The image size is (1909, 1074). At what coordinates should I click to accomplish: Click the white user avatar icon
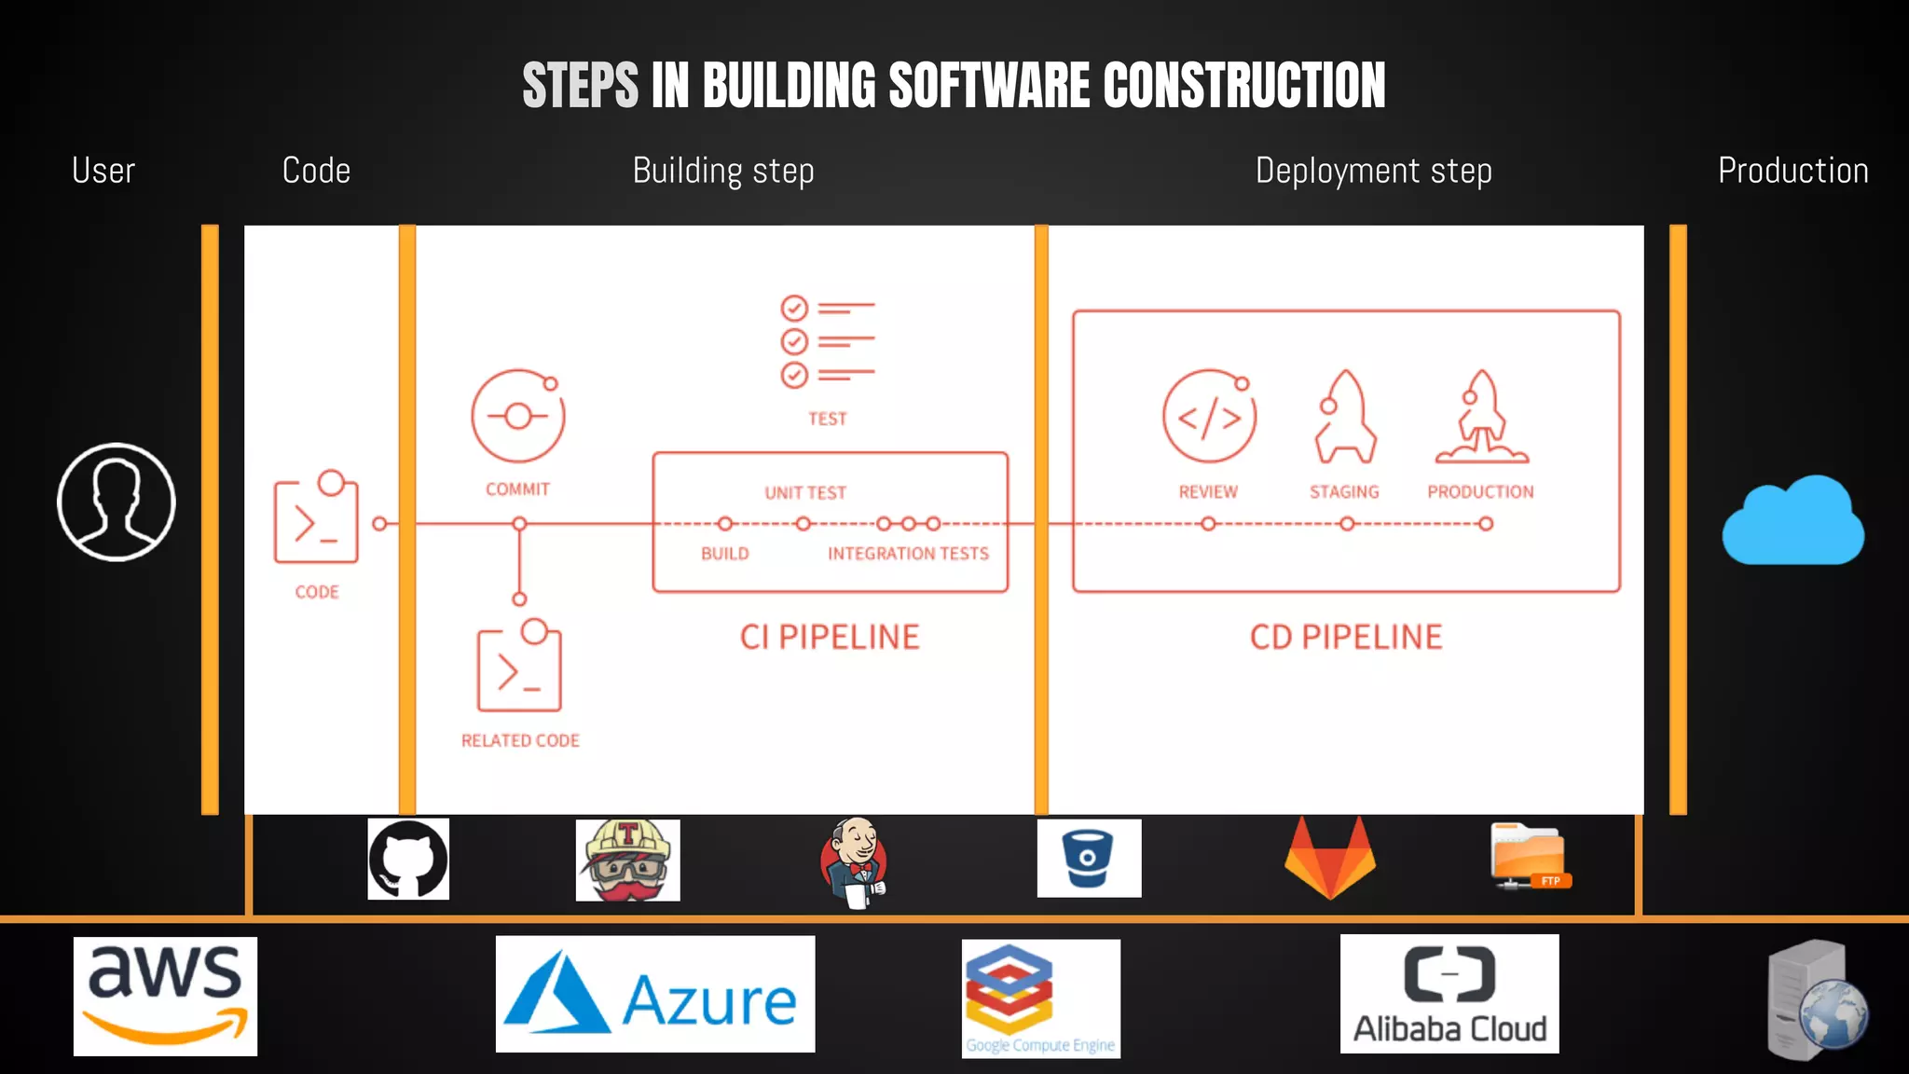pyautogui.click(x=116, y=502)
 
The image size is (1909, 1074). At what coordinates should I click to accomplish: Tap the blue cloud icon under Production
pyautogui.click(x=1792, y=522)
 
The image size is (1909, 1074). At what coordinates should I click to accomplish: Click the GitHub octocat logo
pyautogui.click(x=408, y=859)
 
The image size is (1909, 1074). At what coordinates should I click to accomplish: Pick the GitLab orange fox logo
pyautogui.click(x=1330, y=858)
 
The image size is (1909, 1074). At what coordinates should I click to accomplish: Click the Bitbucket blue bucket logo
pyautogui.click(x=1089, y=858)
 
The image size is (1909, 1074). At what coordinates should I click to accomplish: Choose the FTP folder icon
pyautogui.click(x=1529, y=856)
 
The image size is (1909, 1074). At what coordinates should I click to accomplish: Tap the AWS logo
pyautogui.click(x=165, y=996)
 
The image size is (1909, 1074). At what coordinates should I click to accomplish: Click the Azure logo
pyautogui.click(x=654, y=995)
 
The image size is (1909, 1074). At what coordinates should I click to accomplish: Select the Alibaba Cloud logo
pyautogui.click(x=1449, y=994)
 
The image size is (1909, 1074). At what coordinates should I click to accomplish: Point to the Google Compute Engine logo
pyautogui.click(x=1040, y=998)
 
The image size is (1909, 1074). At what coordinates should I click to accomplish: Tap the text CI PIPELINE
pyautogui.click(x=830, y=638)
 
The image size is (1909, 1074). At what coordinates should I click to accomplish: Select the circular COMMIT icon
pyautogui.click(x=518, y=416)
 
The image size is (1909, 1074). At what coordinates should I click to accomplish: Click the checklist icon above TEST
pyautogui.click(x=827, y=341)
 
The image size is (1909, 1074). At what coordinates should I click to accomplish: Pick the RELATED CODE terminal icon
pyautogui.click(x=519, y=667)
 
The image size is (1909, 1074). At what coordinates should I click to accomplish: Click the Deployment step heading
pyautogui.click(x=1373, y=172)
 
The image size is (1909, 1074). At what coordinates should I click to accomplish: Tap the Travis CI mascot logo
pyautogui.click(x=627, y=860)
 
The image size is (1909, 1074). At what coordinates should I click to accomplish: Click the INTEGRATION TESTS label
pyautogui.click(x=908, y=554)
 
